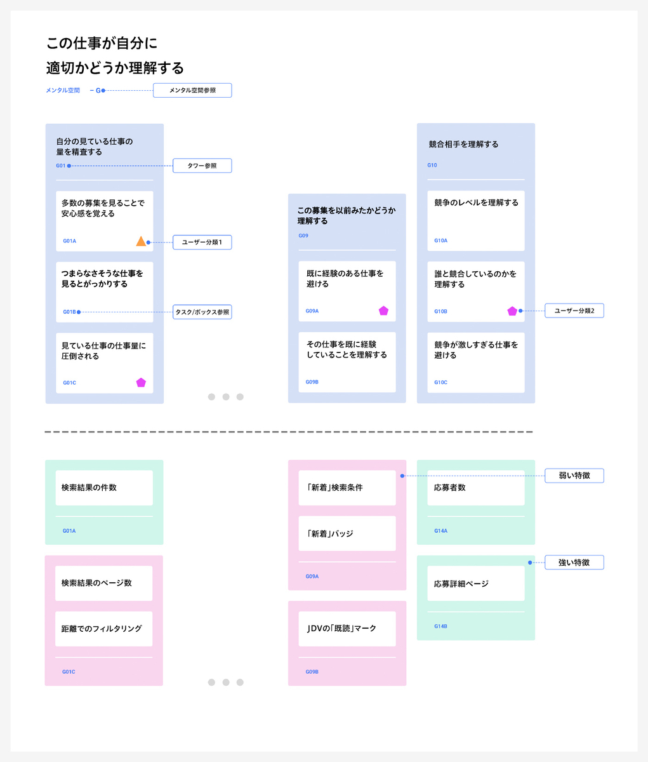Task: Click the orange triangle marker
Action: pyautogui.click(x=141, y=241)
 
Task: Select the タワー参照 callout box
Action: pyautogui.click(x=202, y=166)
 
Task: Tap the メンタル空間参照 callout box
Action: pyautogui.click(x=192, y=90)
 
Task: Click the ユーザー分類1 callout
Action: pyautogui.click(x=202, y=242)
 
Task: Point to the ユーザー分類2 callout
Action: pyautogui.click(x=574, y=311)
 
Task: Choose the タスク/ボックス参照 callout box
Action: pyautogui.click(x=202, y=312)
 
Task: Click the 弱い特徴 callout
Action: pyautogui.click(x=574, y=476)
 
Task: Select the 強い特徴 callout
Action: pyautogui.click(x=574, y=562)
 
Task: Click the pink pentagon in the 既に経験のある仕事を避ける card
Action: pyautogui.click(x=383, y=311)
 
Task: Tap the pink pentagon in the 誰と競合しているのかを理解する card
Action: pyautogui.click(x=512, y=311)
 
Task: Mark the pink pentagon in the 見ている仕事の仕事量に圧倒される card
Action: pyautogui.click(x=141, y=383)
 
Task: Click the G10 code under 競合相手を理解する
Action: pyautogui.click(x=432, y=165)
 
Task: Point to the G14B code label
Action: pyautogui.click(x=440, y=626)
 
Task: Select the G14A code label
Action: pyautogui.click(x=440, y=531)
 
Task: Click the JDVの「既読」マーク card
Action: pyautogui.click(x=347, y=629)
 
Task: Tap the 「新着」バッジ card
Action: pyautogui.click(x=347, y=533)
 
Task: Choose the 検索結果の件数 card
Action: pyautogui.click(x=104, y=488)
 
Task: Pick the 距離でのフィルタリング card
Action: pyautogui.click(x=104, y=629)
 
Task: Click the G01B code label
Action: pyautogui.click(x=69, y=312)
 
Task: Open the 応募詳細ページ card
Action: pyautogui.click(x=476, y=584)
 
